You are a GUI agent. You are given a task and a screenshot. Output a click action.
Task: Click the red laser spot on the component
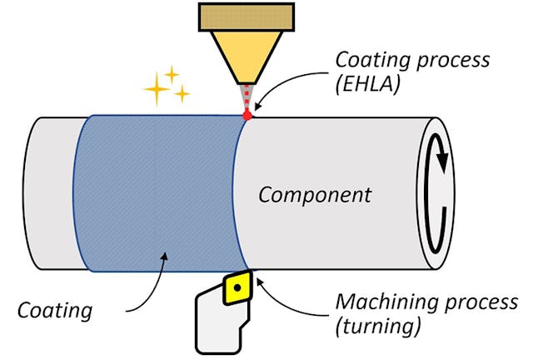[247, 115]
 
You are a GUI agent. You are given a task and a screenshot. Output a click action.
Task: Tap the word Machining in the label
[377, 302]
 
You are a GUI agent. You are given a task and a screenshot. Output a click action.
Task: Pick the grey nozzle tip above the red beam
[247, 92]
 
